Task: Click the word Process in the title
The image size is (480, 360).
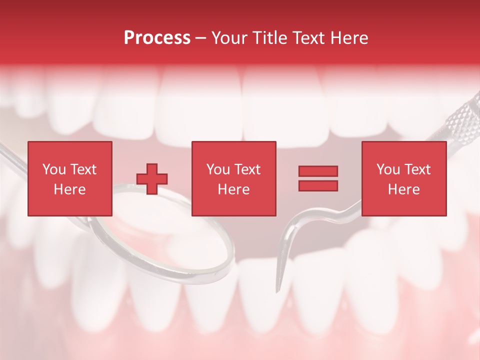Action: click(157, 38)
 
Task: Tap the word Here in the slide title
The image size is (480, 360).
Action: click(349, 38)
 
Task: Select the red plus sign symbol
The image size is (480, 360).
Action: click(152, 179)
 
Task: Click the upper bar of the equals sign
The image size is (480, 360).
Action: click(318, 171)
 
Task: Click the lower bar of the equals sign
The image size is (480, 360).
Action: click(318, 186)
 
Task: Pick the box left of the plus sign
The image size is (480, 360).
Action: click(70, 178)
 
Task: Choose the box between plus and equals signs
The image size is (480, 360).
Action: click(233, 178)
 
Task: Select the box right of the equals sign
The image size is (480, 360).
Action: click(403, 178)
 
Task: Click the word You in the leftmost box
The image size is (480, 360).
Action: click(54, 169)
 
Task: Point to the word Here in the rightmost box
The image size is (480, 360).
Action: click(403, 189)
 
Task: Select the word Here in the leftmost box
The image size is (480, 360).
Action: click(70, 189)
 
